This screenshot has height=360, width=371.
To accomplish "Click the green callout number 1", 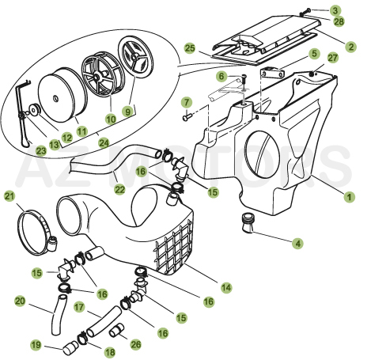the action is [x=349, y=197].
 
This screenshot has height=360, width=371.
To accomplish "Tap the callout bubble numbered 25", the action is [x=190, y=48].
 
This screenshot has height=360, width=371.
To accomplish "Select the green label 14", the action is [x=226, y=287].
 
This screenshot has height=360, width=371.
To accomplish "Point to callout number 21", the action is [x=9, y=196].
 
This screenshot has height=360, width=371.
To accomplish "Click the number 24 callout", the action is [x=104, y=143].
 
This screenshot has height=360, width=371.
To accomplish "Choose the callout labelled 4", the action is [x=298, y=243].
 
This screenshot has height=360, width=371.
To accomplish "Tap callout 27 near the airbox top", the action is [x=333, y=58].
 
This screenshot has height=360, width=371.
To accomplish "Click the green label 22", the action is [x=119, y=189].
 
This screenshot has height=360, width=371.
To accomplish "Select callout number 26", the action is [x=136, y=344].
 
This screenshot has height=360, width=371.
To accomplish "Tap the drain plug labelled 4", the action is [x=247, y=223].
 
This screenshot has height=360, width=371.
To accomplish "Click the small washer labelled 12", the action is [x=34, y=109].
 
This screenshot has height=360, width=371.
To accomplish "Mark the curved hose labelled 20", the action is [x=57, y=315].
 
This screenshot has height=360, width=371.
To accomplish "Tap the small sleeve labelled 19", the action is [x=70, y=348].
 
